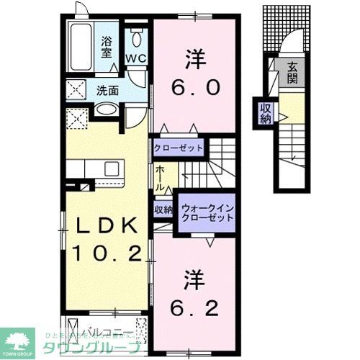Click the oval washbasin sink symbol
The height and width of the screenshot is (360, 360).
pos(106,110)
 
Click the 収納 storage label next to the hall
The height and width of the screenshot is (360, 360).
pos(163,210)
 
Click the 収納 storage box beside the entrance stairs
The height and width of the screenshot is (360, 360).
pos(266,113)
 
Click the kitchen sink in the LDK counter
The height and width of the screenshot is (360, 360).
pos(112,168)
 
